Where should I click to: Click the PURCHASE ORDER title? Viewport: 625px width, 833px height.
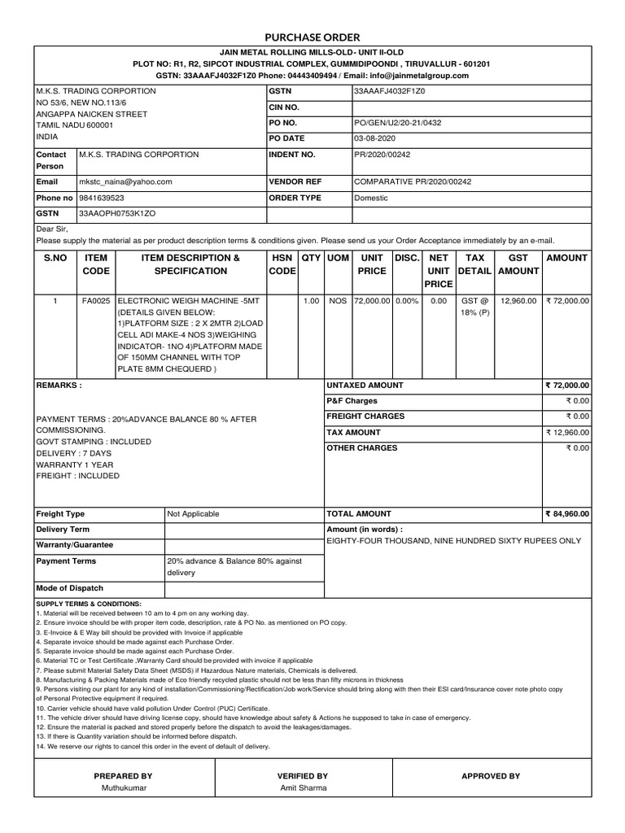[x=312, y=37]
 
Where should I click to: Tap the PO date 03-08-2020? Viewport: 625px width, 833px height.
[x=374, y=138]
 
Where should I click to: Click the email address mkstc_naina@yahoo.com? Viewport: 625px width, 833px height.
[x=125, y=182]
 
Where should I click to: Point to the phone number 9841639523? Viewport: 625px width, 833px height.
[x=102, y=198]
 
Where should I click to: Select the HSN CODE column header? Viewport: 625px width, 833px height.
[x=282, y=264]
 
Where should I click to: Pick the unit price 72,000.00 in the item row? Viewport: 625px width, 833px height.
[x=372, y=301]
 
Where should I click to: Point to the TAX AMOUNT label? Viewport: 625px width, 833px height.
[x=353, y=433]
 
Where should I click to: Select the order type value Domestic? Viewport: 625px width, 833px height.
[x=371, y=198]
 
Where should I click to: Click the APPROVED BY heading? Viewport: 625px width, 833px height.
[x=490, y=776]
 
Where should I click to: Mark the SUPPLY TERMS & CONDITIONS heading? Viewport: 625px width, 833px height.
[x=89, y=604]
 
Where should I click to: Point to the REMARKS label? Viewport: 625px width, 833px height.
[x=59, y=385]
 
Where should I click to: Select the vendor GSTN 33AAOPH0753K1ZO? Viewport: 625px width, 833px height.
[x=116, y=213]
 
